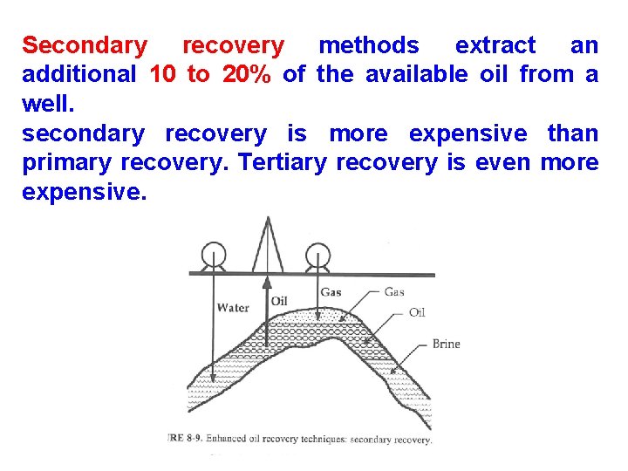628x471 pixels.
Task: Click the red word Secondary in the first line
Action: click(x=85, y=45)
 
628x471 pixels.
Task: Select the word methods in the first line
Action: click(x=368, y=45)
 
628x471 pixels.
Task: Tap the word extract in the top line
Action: click(x=495, y=45)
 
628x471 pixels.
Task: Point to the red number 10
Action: click(x=163, y=75)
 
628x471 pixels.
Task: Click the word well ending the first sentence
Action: click(x=45, y=104)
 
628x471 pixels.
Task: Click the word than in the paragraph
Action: click(x=572, y=133)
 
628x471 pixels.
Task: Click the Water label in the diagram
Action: click(x=233, y=308)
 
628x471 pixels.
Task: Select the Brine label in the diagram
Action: click(x=446, y=344)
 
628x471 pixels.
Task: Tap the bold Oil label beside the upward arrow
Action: click(x=279, y=301)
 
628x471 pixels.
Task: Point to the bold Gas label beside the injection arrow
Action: click(x=331, y=292)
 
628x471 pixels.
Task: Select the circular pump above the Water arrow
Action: click(x=212, y=256)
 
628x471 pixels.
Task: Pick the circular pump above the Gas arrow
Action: click(x=318, y=256)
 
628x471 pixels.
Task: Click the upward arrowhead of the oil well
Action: click(x=267, y=283)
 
